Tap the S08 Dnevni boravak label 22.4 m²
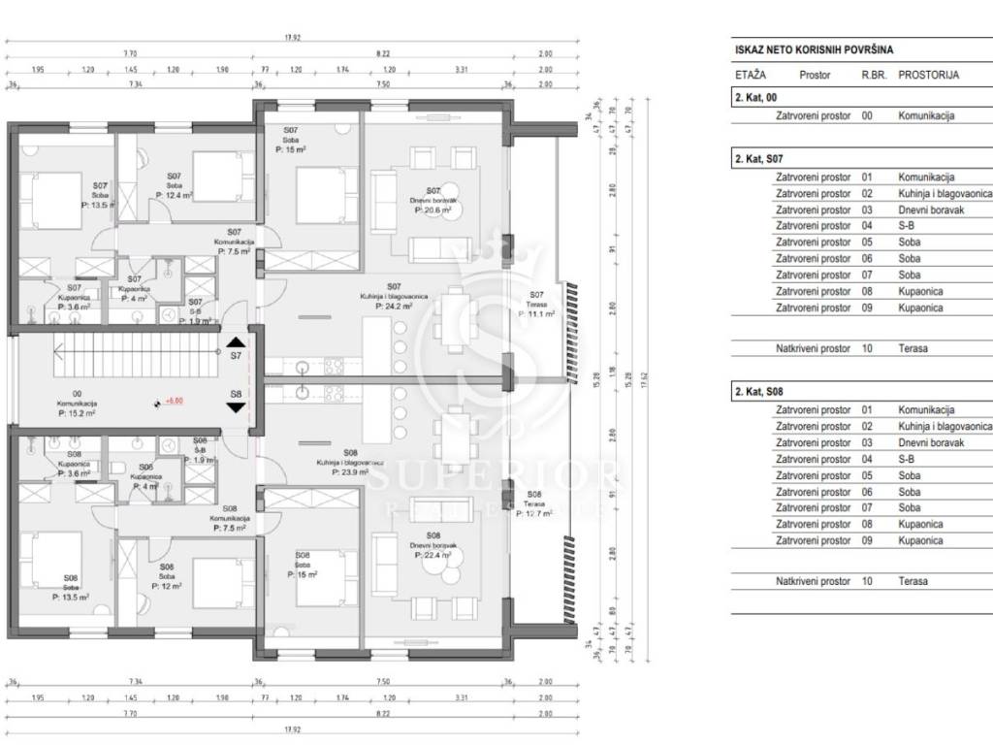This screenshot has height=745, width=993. click(x=433, y=556)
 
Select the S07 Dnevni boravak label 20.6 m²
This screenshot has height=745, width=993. click(x=433, y=210)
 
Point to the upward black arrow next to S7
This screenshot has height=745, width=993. click(x=236, y=341)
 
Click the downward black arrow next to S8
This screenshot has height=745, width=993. click(x=236, y=406)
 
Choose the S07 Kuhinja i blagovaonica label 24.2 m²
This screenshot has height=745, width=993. click(x=394, y=306)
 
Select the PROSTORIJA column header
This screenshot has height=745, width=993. click(x=928, y=75)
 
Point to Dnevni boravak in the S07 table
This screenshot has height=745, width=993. click(x=931, y=210)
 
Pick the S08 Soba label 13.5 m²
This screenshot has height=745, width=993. click(x=71, y=598)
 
